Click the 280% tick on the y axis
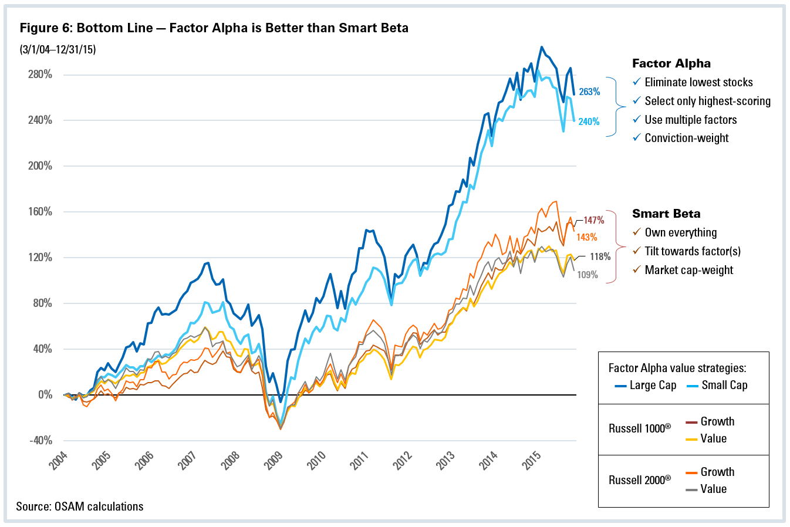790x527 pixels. (40, 75)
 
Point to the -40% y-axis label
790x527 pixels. (40, 440)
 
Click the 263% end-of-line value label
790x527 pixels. (589, 92)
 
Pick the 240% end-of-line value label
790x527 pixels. (589, 121)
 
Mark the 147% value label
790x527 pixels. (593, 220)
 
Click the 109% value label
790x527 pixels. (588, 275)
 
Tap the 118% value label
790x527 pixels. (600, 256)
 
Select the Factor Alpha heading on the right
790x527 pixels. (671, 63)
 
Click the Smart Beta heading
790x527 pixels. (666, 214)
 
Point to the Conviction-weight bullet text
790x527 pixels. (686, 138)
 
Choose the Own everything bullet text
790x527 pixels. (680, 232)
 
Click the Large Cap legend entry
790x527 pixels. (652, 386)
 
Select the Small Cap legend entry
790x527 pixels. (724, 386)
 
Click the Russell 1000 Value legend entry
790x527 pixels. (713, 438)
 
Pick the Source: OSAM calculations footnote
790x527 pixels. (80, 506)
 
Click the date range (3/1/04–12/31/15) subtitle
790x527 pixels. (58, 49)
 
